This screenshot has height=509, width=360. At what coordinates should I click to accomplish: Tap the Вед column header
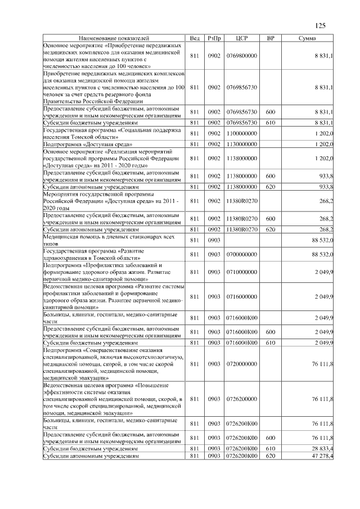point(195,38)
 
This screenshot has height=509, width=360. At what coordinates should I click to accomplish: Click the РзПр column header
point(214,38)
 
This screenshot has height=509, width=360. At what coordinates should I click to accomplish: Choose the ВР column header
point(270,38)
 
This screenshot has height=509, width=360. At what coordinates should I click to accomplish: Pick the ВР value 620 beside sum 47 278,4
point(270,456)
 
